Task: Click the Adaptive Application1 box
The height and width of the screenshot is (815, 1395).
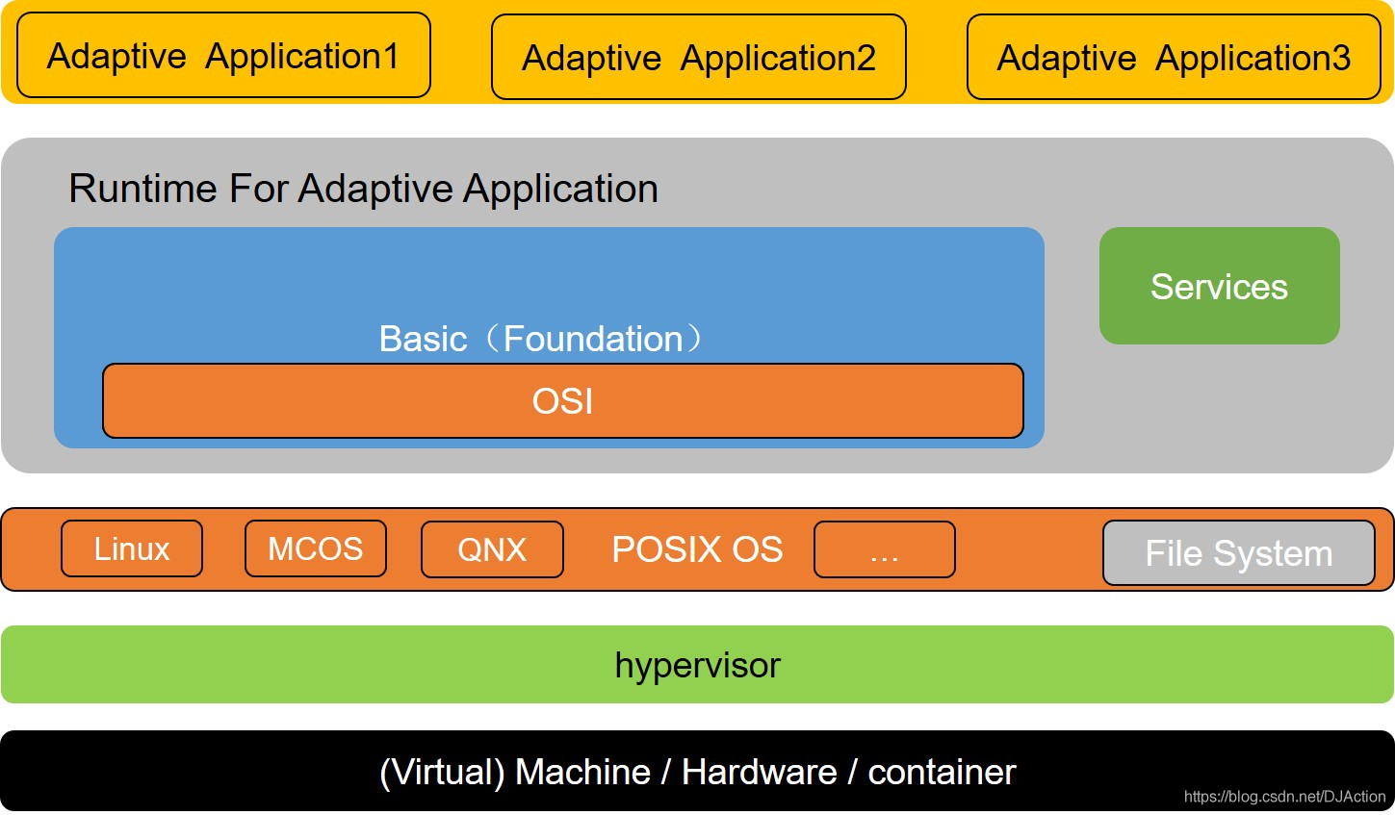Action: pos(223,55)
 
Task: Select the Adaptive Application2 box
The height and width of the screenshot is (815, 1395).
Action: pos(699,57)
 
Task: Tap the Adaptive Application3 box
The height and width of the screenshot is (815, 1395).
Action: pos(1174,57)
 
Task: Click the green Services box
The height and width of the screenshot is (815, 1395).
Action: pos(1220,286)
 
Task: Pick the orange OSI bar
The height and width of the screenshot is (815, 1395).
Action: pos(563,401)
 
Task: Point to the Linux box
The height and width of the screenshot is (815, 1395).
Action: pos(132,548)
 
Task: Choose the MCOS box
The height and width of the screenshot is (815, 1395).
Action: pos(316,548)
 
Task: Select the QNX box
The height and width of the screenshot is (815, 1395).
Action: pos(492,549)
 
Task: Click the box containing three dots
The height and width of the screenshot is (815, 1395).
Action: pos(885,549)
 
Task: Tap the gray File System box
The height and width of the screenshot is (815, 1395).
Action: pos(1239,553)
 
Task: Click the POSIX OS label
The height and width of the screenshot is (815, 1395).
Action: pos(697,549)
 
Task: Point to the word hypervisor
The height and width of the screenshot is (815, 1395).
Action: pos(697,665)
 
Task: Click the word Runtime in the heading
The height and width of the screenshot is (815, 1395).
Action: pos(142,188)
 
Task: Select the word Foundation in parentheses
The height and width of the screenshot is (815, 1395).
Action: pos(593,339)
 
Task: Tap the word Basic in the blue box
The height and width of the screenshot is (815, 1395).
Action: pos(423,339)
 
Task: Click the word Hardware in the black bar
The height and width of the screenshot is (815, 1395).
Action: pos(760,772)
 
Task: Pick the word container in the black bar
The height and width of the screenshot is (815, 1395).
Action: pos(943,772)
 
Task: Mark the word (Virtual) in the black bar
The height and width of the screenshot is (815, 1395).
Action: pos(442,773)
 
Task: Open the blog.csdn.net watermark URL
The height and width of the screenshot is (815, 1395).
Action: pos(1285,797)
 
